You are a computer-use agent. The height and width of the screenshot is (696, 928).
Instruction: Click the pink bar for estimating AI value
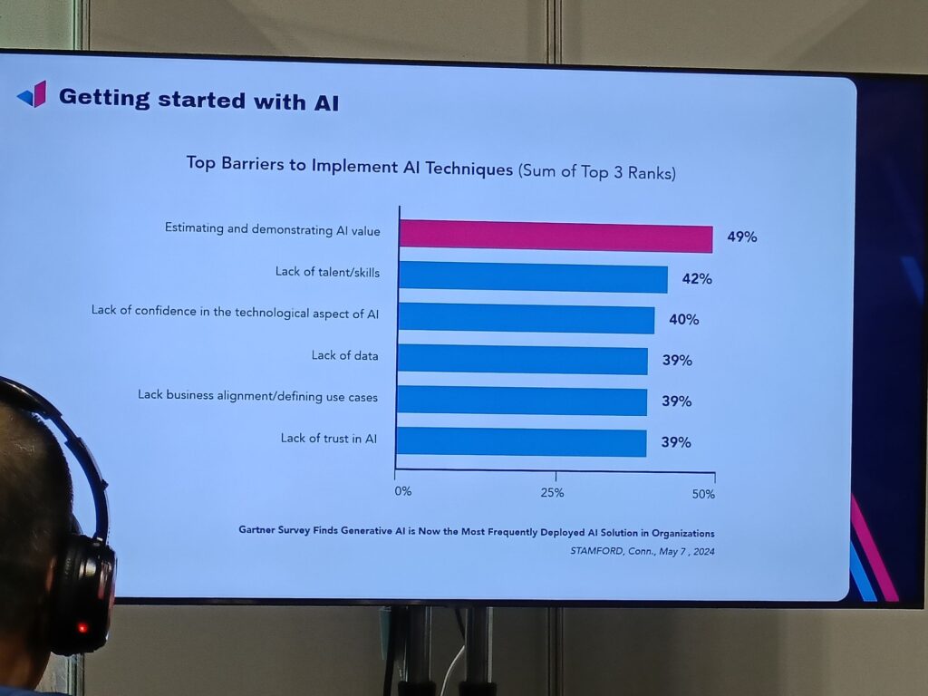[555, 236]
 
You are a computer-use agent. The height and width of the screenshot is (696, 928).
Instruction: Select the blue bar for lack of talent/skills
[533, 276]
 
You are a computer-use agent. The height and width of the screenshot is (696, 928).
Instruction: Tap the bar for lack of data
[522, 360]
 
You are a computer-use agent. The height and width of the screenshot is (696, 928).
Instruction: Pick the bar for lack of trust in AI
[521, 442]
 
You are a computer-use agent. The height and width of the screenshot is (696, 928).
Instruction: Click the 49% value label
[741, 237]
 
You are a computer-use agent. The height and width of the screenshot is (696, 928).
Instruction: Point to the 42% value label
[697, 279]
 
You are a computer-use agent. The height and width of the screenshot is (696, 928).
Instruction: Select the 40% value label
[684, 320]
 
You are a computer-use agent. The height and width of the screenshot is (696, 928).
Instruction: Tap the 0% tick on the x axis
[402, 491]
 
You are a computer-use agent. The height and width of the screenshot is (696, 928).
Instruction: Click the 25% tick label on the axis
[552, 493]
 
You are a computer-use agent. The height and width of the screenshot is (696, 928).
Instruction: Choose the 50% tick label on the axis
[703, 494]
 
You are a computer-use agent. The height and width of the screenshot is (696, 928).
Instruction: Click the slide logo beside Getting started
[32, 94]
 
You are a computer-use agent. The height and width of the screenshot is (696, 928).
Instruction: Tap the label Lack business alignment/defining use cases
[257, 396]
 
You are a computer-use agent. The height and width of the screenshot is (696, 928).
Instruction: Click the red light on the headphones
[82, 627]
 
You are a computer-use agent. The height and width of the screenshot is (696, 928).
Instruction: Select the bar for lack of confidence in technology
[526, 318]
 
